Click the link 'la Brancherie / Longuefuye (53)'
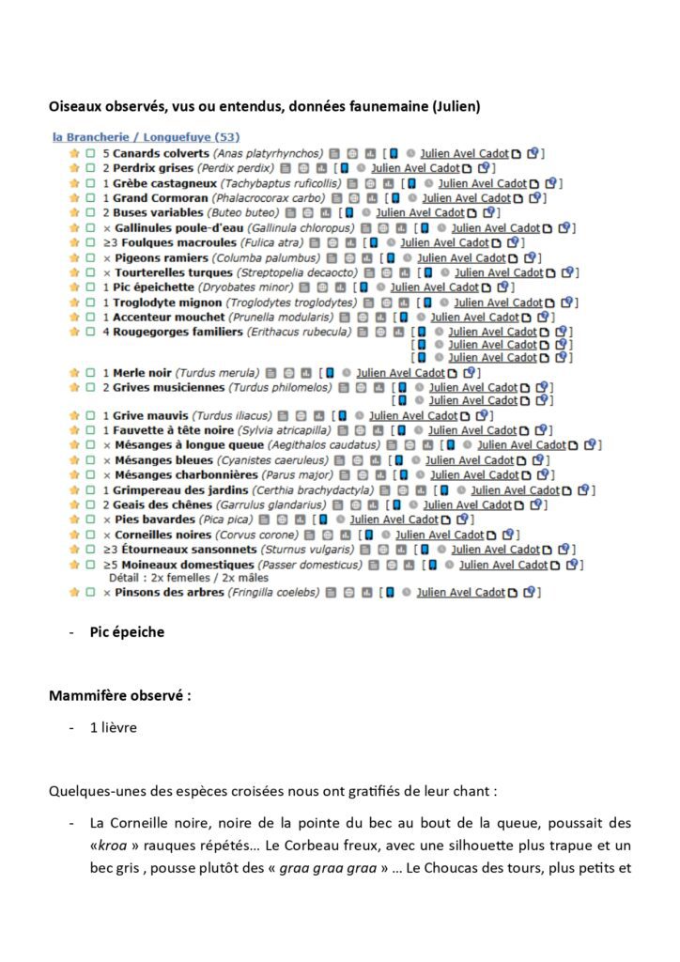point(146,137)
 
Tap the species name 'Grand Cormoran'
point(160,198)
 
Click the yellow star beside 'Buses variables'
point(74,213)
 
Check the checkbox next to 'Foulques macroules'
point(90,243)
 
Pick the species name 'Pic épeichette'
point(153,287)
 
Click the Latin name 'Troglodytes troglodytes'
point(292,303)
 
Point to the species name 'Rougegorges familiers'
point(178,332)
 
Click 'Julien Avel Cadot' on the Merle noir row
point(399,373)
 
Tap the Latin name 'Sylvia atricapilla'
point(273,430)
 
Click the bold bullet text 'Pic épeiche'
point(127,632)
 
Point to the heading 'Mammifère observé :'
point(120,696)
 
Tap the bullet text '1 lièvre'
point(114,727)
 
